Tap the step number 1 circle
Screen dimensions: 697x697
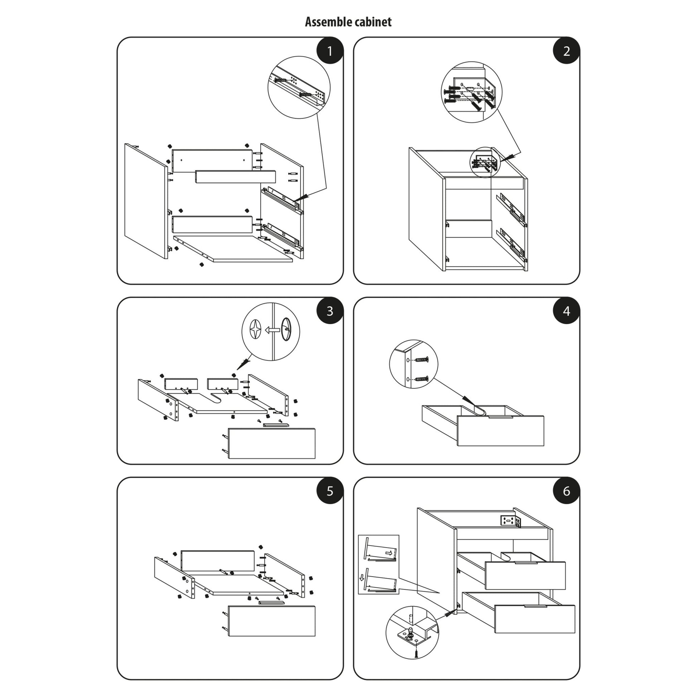[330, 51]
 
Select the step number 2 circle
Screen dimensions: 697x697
[566, 51]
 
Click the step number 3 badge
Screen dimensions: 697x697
[330, 311]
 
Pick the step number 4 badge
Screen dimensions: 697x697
[566, 311]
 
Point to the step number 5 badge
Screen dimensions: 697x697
[330, 491]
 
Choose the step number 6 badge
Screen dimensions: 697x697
[566, 491]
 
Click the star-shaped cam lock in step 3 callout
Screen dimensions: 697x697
[255, 330]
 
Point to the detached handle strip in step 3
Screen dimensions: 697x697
[276, 425]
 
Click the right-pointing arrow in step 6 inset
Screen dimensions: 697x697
[389, 553]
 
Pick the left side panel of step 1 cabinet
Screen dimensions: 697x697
[146, 201]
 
